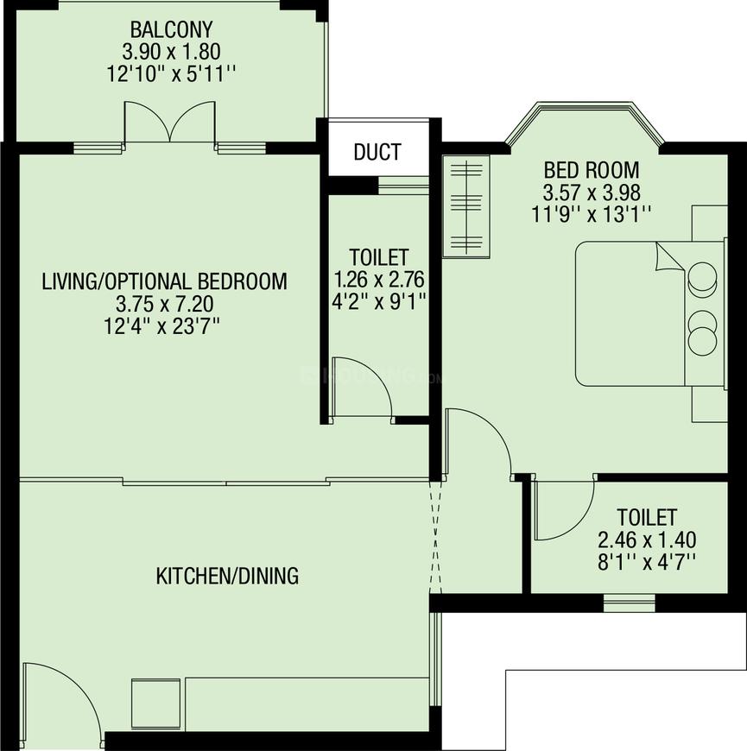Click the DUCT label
click(x=377, y=152)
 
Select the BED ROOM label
click(x=592, y=169)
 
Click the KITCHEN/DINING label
click(x=227, y=576)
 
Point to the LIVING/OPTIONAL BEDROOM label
click(x=165, y=281)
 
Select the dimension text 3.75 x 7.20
click(x=165, y=303)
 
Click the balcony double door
click(x=170, y=123)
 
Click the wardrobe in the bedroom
click(x=466, y=205)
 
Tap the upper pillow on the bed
click(x=702, y=279)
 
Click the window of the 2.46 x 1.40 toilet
click(x=629, y=603)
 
